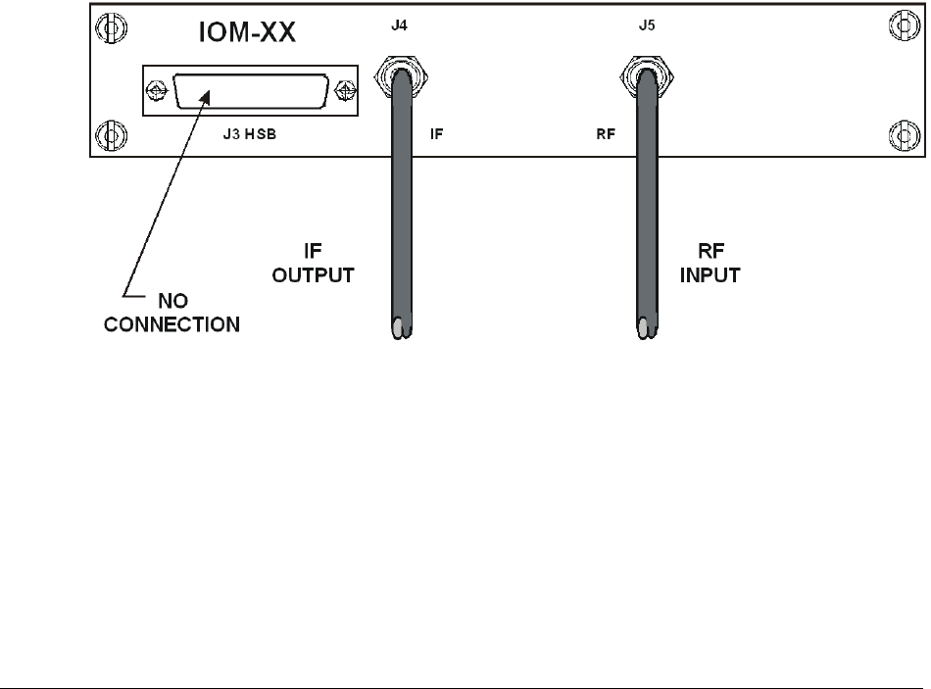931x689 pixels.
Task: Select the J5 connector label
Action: coord(646,17)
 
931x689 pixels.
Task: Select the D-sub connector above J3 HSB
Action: coord(249,92)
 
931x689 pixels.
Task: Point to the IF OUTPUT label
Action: coord(312,265)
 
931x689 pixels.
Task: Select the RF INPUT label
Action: coord(709,265)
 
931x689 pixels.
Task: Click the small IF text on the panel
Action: coord(437,132)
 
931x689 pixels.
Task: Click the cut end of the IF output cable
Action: coord(400,328)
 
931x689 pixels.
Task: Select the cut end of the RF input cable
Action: coord(647,328)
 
